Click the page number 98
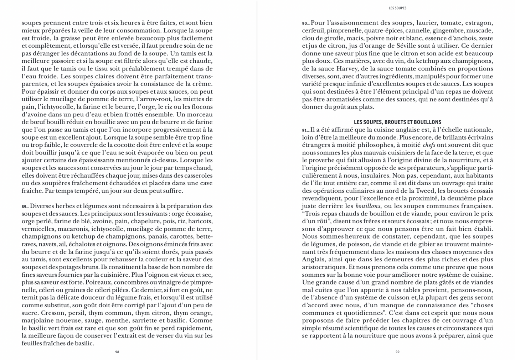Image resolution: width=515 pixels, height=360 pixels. [x=117, y=352]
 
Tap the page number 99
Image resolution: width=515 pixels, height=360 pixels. [x=397, y=352]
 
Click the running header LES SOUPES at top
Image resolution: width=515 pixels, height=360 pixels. [x=397, y=8]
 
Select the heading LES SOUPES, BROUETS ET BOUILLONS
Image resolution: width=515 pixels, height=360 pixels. [x=397, y=122]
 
